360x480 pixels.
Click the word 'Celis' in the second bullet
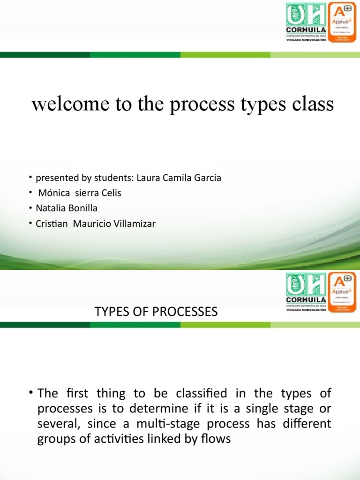[x=111, y=194]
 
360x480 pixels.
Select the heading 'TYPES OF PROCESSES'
[x=157, y=312]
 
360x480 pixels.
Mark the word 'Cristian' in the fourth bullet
[x=51, y=224]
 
